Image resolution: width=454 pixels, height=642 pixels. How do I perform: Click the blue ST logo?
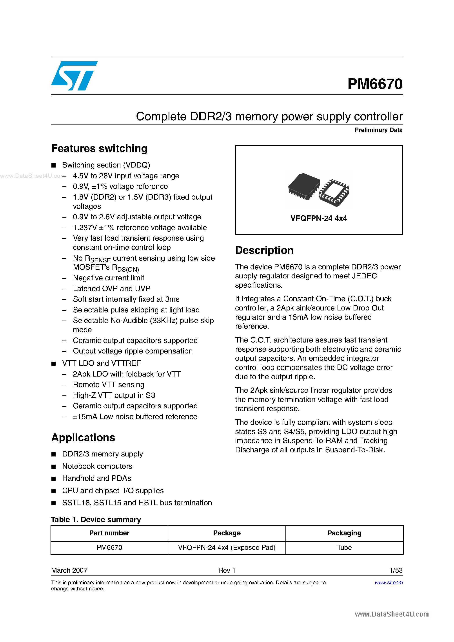coord(74,76)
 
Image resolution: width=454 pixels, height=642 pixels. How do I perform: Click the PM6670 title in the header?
coord(375,84)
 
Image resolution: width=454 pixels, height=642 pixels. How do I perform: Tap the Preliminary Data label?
coord(378,130)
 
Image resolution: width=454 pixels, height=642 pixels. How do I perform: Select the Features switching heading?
coord(99,148)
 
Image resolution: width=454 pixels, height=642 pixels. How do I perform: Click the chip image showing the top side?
coord(304,186)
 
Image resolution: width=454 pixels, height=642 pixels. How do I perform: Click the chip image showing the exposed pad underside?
coord(334,193)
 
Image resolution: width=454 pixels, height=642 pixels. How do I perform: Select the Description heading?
coord(264,250)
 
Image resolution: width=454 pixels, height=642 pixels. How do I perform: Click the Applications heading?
coord(83,438)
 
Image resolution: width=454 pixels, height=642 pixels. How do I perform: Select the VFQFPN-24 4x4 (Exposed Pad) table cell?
coord(227,548)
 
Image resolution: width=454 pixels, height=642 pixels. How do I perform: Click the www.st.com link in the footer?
coord(389,582)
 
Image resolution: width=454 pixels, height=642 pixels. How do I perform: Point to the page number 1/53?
coord(396,570)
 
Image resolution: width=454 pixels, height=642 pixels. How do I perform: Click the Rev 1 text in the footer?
coord(227,570)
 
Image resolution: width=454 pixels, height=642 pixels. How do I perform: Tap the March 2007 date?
coord(69,570)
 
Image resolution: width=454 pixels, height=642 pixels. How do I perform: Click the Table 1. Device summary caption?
coord(96,519)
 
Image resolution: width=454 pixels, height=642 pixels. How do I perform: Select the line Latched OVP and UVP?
coord(111,289)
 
